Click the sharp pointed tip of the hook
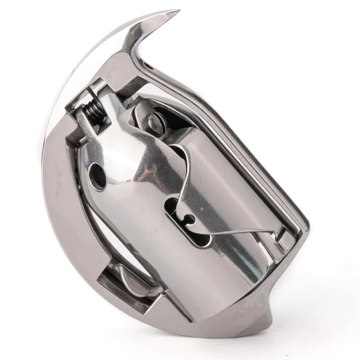178,11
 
